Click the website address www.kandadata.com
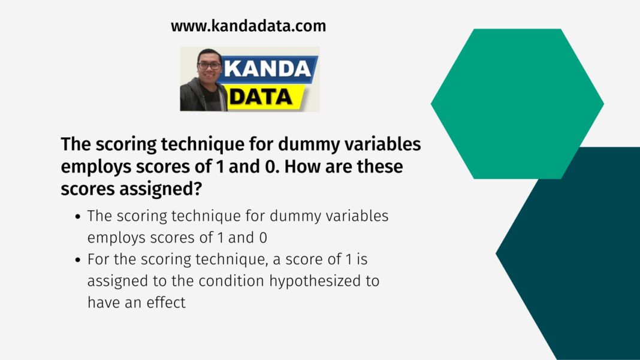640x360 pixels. (x=248, y=26)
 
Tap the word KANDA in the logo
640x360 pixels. (x=268, y=68)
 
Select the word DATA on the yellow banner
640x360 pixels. (x=261, y=97)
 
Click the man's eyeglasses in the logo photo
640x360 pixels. (x=209, y=65)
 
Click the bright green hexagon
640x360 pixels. (x=517, y=104)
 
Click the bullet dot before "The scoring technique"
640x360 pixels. (x=78, y=216)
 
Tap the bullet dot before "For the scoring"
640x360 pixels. (x=78, y=259)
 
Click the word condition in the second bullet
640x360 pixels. (x=231, y=281)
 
